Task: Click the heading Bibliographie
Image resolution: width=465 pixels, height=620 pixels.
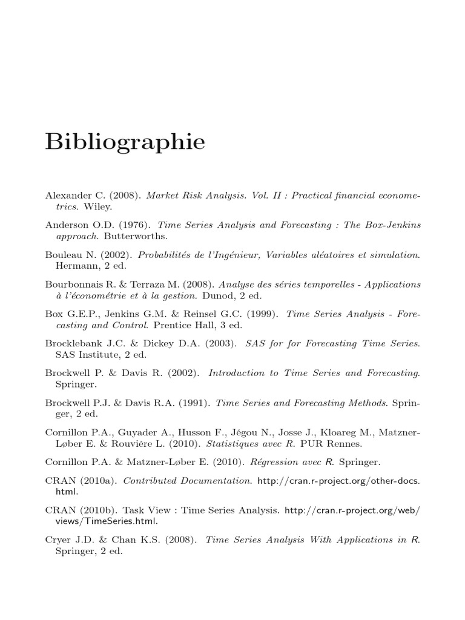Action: [x=125, y=143]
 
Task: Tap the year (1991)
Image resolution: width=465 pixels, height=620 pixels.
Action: [x=195, y=401]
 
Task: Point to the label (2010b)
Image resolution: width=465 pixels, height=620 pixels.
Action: [x=97, y=510]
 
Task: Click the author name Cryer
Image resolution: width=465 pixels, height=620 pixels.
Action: [x=58, y=539]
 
